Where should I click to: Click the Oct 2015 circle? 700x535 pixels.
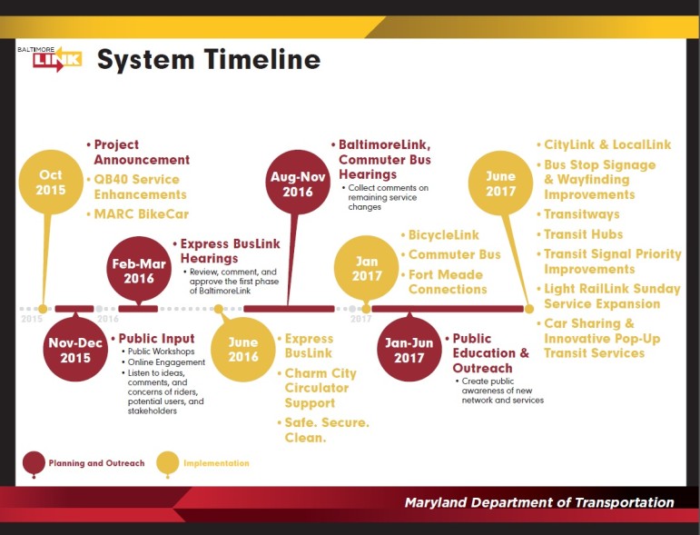tap(51, 183)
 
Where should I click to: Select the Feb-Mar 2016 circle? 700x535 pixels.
tap(139, 269)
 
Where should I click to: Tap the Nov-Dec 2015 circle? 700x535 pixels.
tap(75, 350)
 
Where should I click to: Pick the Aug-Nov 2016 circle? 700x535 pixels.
tap(298, 183)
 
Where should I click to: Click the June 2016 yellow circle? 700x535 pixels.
tap(243, 350)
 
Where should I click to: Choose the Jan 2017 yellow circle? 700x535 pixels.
tap(367, 268)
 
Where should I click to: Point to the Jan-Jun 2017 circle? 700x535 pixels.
tap(409, 350)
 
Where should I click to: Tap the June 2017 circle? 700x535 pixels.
tap(500, 183)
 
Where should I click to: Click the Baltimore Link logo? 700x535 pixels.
tap(50, 59)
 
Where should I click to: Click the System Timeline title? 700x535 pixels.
tap(209, 60)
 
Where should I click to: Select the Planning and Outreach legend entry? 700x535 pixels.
tap(84, 464)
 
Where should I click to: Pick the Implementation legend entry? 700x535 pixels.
tap(202, 464)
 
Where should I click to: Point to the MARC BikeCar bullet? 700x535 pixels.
tap(138, 214)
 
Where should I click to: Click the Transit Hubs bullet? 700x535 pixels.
tap(580, 234)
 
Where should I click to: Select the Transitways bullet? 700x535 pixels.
tap(578, 214)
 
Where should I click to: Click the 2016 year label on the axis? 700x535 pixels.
tap(108, 319)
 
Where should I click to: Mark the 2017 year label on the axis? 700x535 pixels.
tap(360, 319)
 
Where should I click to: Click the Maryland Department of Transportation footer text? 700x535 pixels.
tap(539, 503)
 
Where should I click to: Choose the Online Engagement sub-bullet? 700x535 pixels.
tap(163, 362)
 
